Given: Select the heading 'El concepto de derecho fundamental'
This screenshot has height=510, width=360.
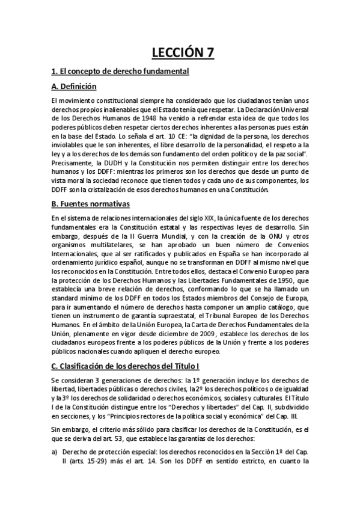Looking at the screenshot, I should [124, 72].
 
